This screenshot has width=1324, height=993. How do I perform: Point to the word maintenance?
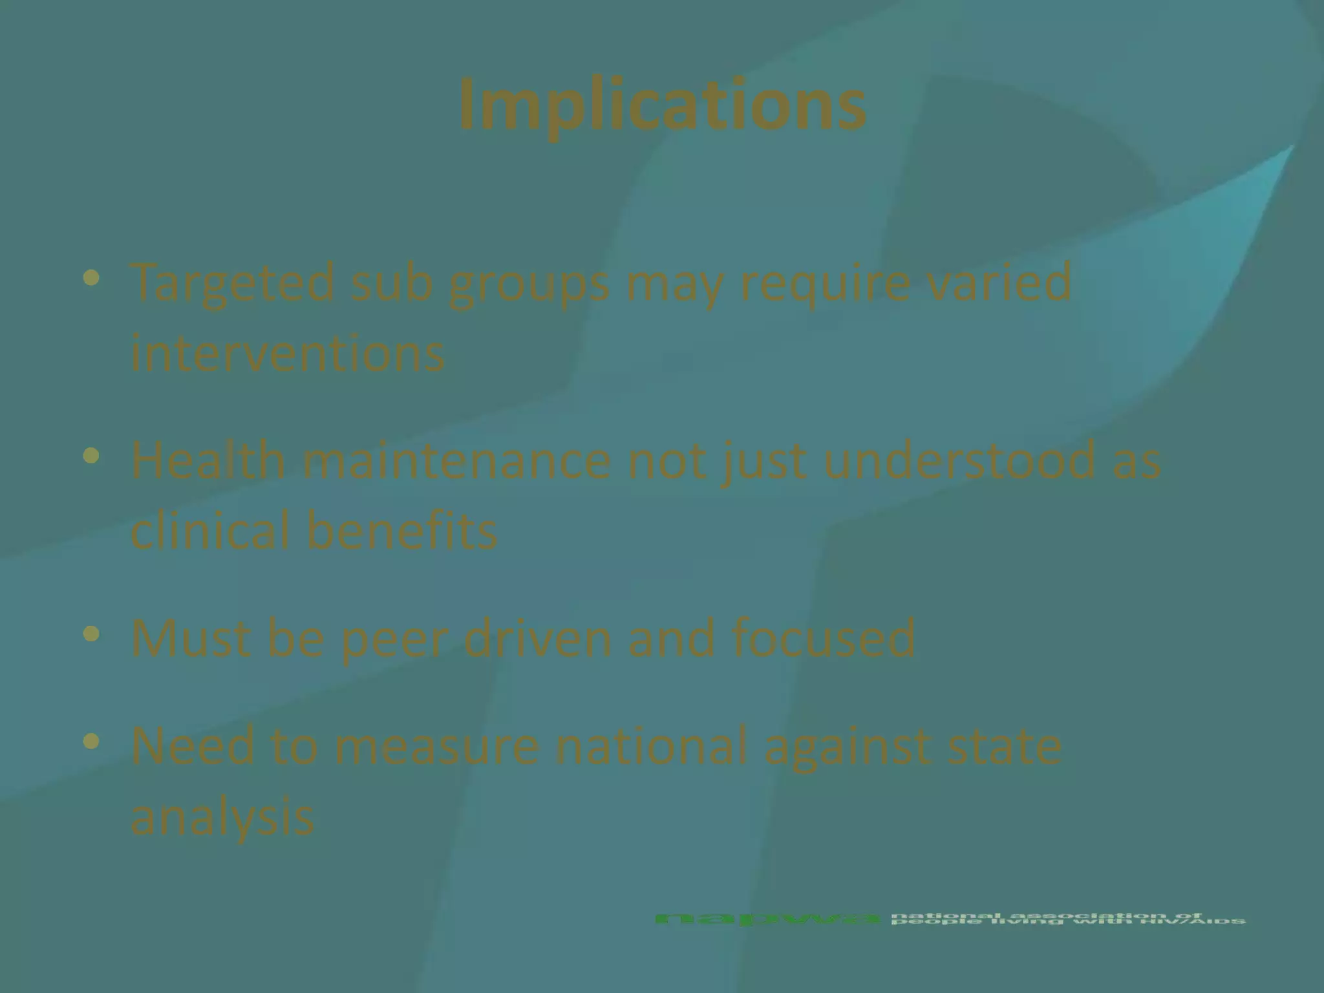456,460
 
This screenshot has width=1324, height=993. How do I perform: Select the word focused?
824,638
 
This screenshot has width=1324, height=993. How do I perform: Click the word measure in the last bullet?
436,746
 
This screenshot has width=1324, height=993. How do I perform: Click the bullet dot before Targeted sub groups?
92,279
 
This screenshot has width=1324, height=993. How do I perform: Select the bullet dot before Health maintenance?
92,456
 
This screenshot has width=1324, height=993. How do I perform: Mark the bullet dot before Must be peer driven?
92,634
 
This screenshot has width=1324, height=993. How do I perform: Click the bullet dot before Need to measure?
92,742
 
